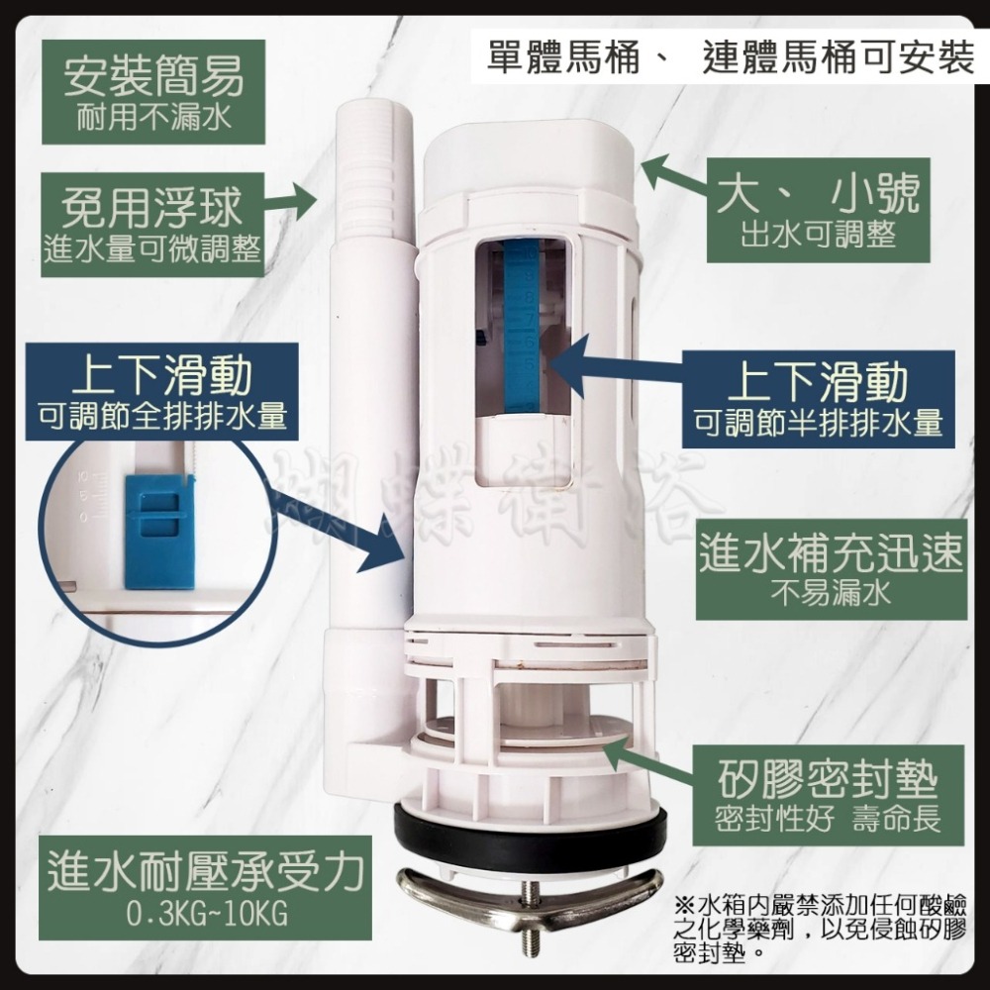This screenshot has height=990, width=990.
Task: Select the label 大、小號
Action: pyautogui.click(x=818, y=195)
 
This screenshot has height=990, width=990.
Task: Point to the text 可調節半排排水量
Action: pyautogui.click(x=818, y=423)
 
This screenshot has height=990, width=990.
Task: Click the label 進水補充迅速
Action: pyautogui.click(x=830, y=554)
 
